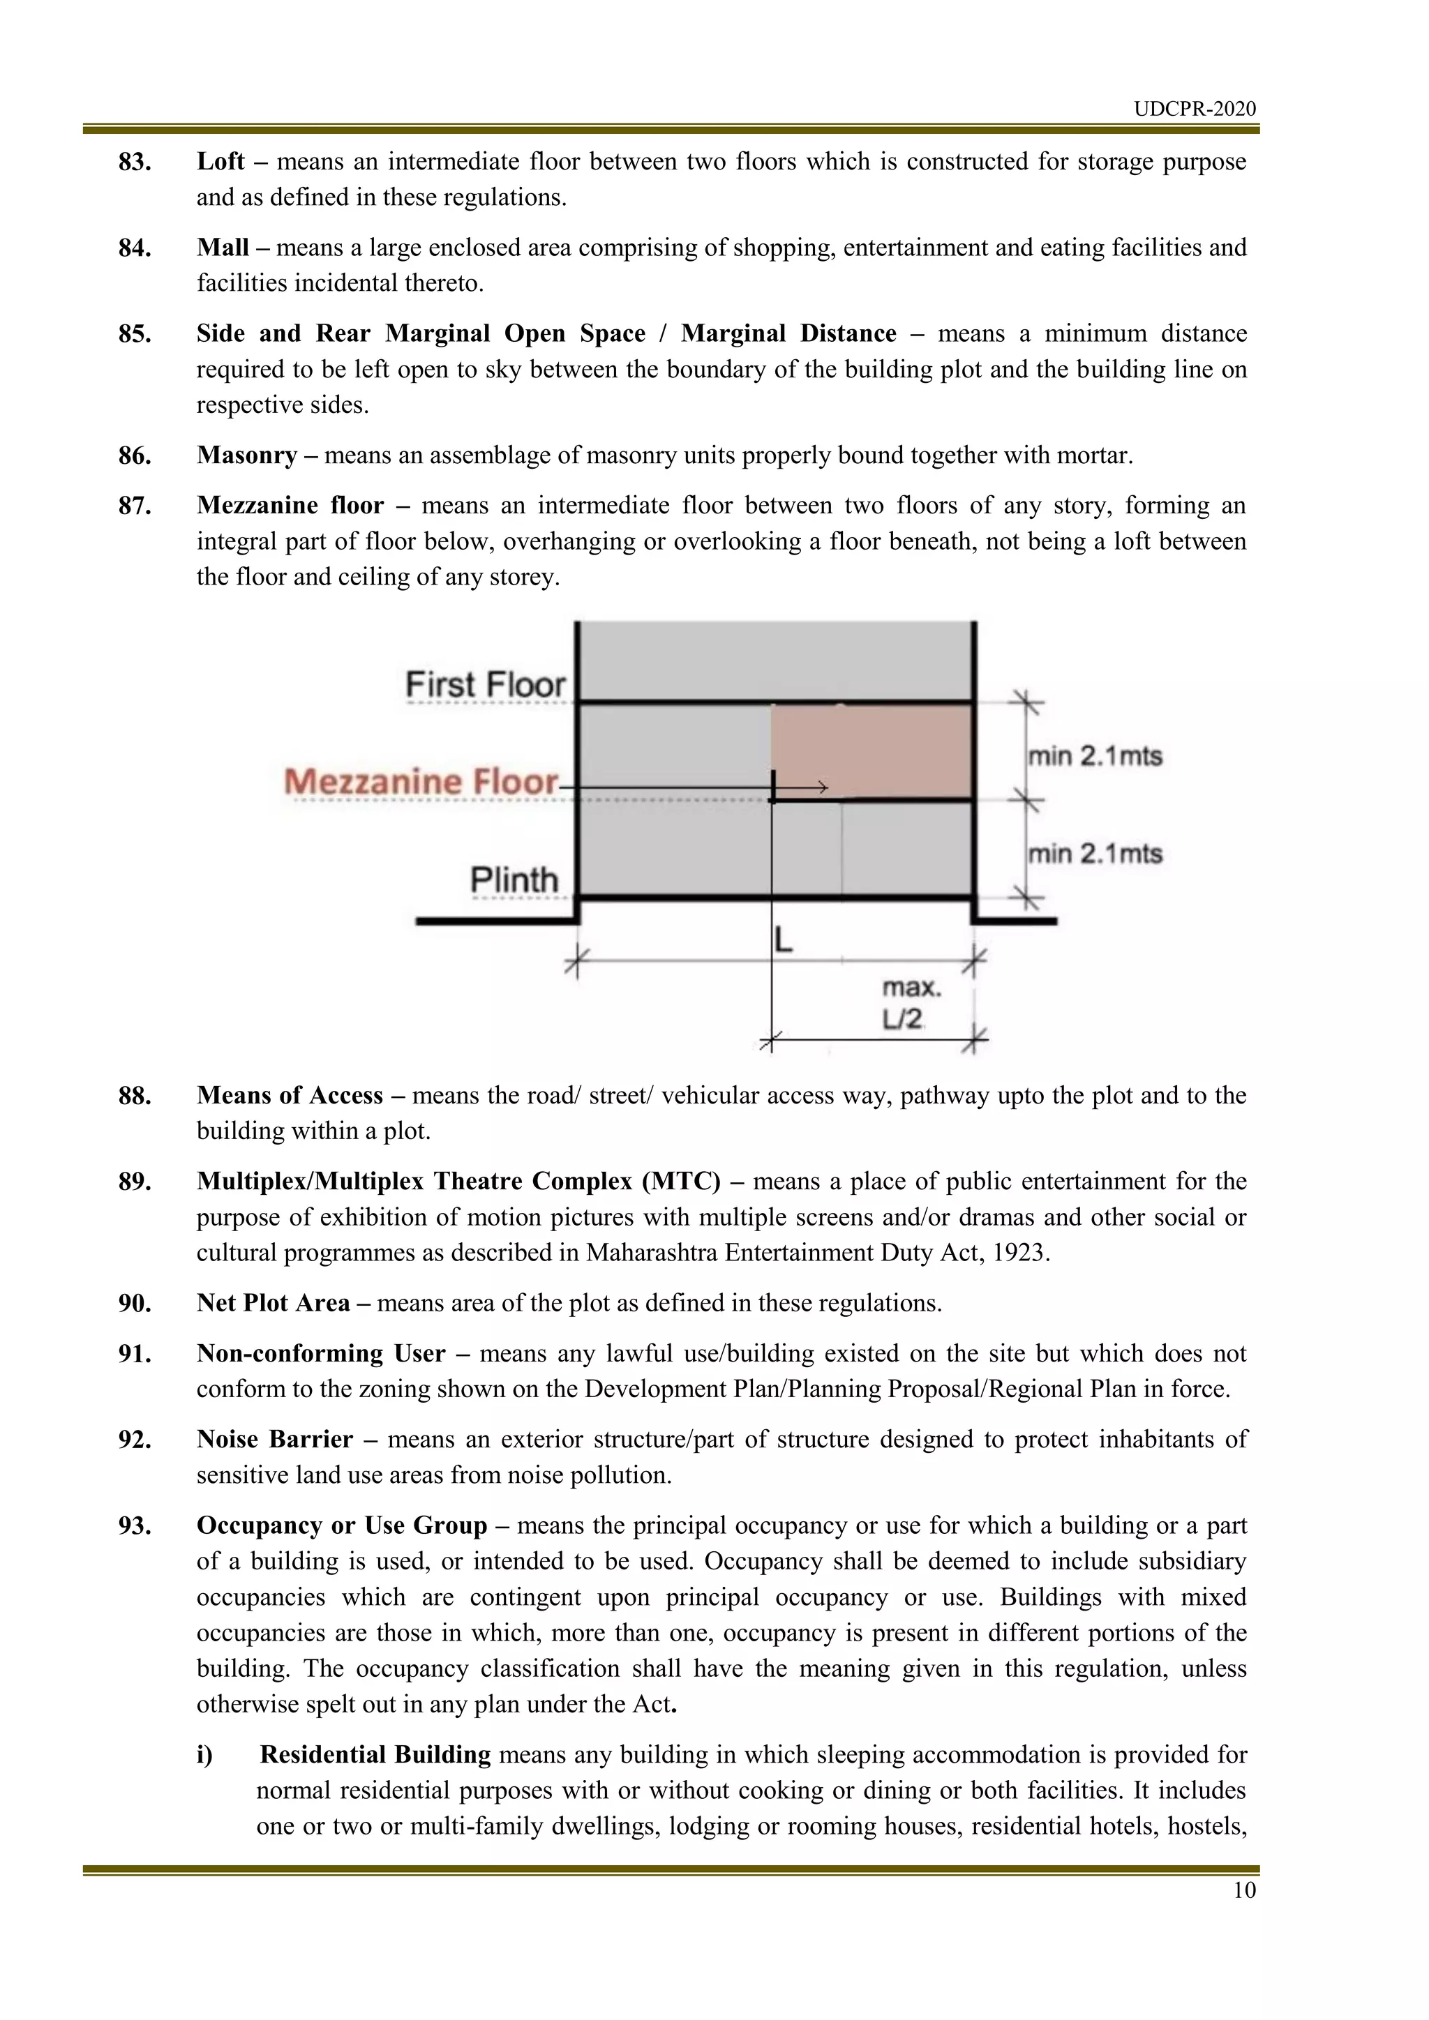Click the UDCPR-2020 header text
coord(1194,109)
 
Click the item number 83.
coord(135,162)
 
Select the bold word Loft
coord(220,162)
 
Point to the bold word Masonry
coord(246,455)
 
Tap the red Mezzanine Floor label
coord(421,781)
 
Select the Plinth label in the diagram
coord(514,879)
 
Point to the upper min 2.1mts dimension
coord(1095,755)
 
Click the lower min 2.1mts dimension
coord(1095,853)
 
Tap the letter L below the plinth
coord(783,940)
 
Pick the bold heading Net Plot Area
coord(273,1303)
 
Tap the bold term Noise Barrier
coord(274,1440)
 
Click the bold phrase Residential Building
coord(375,1754)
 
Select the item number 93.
coord(135,1525)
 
